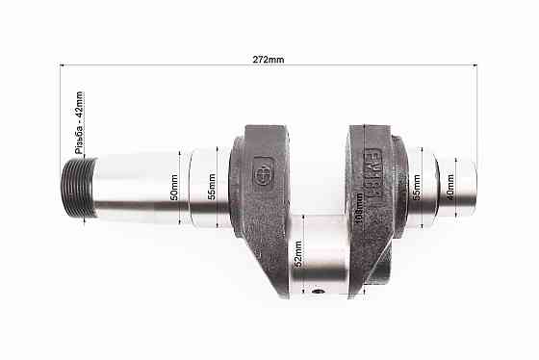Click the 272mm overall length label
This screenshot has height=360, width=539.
point(269,60)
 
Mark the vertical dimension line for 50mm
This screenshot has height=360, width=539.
point(182,188)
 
